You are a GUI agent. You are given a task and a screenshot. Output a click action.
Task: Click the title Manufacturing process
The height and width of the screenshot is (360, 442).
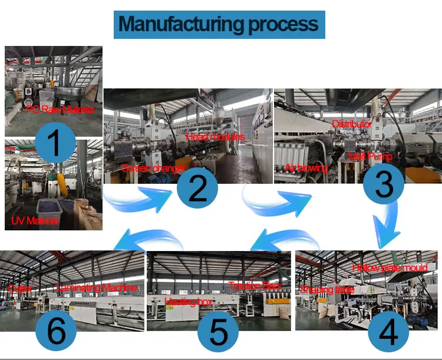(219, 24)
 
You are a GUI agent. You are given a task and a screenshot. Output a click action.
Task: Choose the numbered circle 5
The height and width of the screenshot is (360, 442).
(219, 331)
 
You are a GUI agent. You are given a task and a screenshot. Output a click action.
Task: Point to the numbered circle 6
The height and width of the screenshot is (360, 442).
(57, 331)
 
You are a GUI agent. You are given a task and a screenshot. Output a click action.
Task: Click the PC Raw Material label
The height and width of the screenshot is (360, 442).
(60, 110)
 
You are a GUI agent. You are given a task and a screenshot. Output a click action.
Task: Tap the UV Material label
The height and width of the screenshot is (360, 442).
(35, 222)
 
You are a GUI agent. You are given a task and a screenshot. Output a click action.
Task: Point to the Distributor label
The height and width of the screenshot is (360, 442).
(352, 124)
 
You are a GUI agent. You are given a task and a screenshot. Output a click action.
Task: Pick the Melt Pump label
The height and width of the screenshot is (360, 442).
(370, 157)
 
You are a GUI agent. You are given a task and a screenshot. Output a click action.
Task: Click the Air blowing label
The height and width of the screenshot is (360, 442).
(306, 168)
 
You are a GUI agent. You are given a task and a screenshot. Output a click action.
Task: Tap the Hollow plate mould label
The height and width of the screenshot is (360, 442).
(390, 268)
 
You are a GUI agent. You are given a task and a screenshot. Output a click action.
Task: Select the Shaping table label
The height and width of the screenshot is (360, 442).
(327, 289)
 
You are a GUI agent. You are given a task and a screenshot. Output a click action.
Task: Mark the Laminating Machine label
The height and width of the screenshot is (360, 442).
(97, 288)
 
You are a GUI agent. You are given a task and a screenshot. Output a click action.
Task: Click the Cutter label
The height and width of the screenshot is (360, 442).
(21, 289)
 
